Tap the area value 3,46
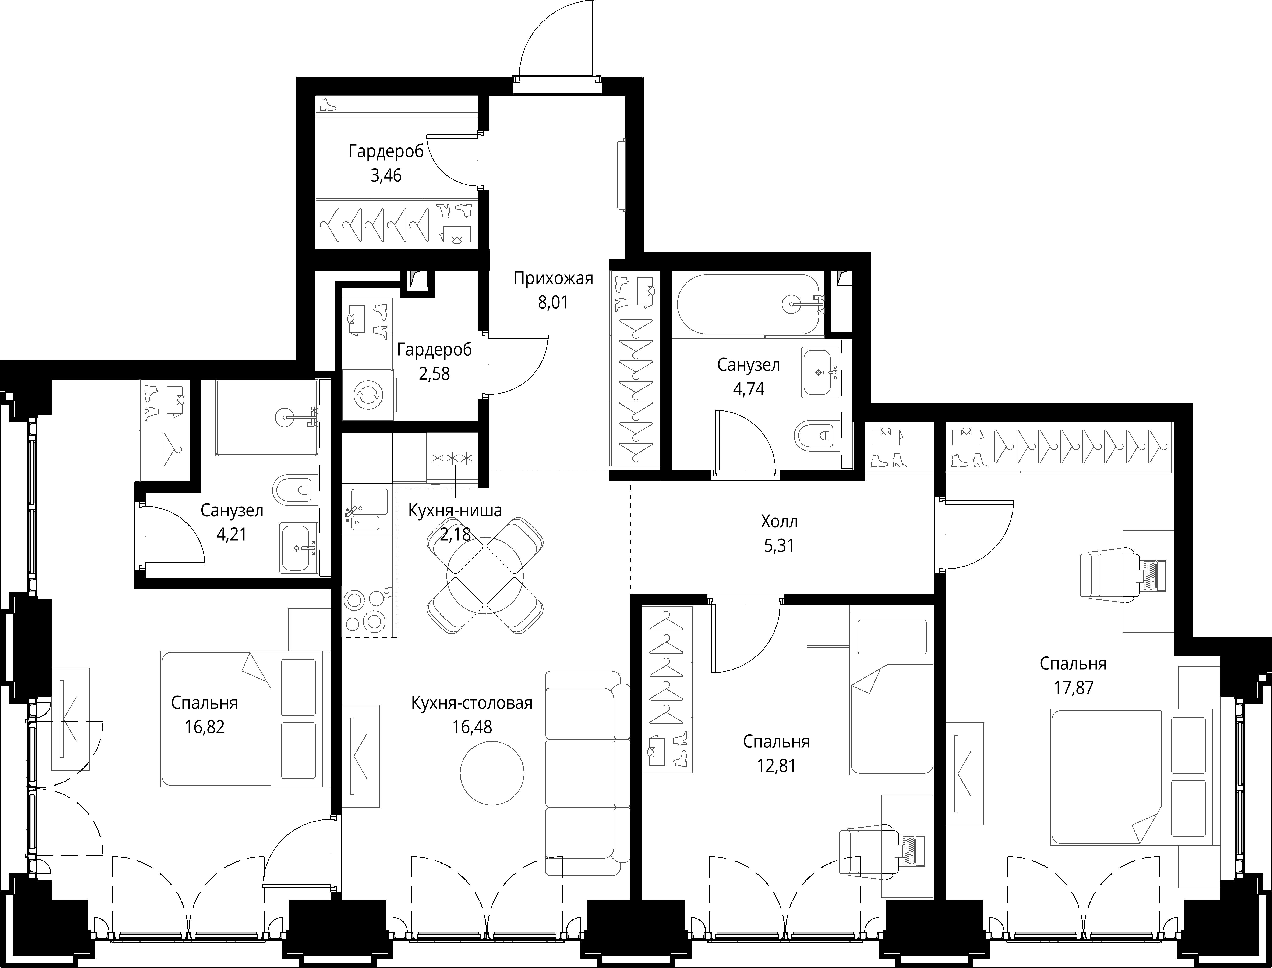pos(386,175)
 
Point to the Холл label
pos(779,522)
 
